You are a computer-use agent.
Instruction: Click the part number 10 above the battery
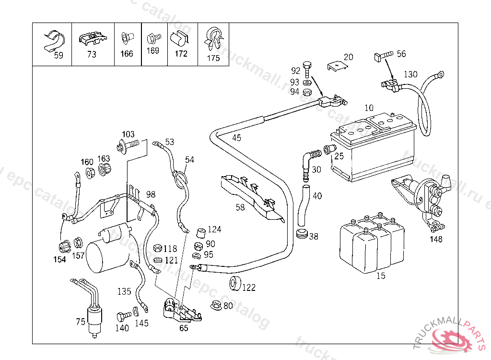tap(369, 108)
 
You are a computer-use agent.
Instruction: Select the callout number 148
tap(436, 239)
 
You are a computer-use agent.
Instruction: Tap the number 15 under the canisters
tap(381, 276)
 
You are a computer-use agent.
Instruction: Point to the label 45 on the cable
tap(237, 138)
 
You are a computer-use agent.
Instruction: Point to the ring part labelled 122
tap(235, 283)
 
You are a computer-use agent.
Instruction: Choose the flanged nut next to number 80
tap(215, 305)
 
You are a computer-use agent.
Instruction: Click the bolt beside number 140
tap(123, 317)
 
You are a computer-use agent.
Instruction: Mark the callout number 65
tap(184, 328)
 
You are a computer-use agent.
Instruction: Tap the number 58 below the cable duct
tap(240, 207)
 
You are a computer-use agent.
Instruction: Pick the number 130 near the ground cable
tap(410, 74)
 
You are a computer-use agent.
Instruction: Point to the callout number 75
tap(81, 322)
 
